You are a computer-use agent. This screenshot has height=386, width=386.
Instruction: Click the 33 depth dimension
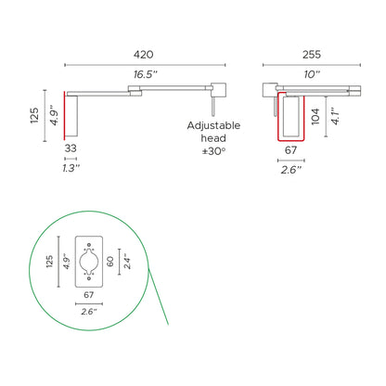tap(71, 148)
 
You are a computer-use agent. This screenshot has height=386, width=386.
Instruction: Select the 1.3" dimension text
tap(71, 168)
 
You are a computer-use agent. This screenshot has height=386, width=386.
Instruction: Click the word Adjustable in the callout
tap(213, 125)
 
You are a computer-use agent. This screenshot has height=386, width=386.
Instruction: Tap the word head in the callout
tap(213, 139)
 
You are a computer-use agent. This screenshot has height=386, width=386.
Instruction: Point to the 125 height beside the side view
tap(34, 113)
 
